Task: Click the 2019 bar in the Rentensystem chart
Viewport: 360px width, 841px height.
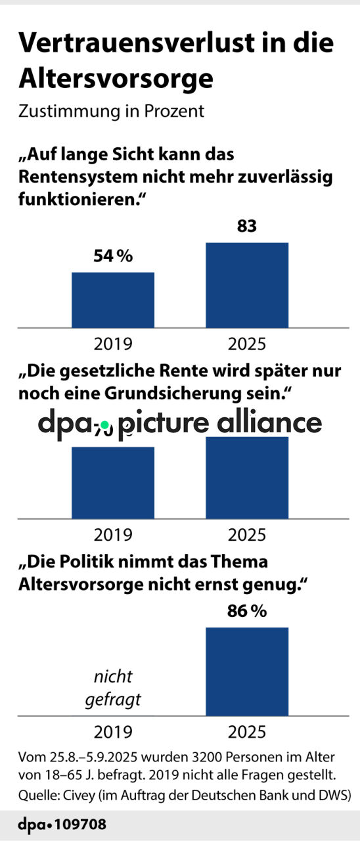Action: (x=112, y=299)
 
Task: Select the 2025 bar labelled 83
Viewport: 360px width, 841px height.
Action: (x=247, y=284)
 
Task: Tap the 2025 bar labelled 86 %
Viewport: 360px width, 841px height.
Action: (x=247, y=671)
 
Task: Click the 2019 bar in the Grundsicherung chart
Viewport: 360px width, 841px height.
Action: (x=112, y=482)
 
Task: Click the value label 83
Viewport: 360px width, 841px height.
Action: (x=247, y=227)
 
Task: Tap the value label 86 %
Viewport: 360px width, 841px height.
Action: (x=247, y=611)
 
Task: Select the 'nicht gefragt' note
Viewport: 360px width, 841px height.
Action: (x=112, y=688)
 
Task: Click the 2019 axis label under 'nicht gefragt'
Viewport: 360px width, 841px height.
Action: (x=112, y=733)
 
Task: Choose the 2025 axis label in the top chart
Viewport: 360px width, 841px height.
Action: (x=247, y=344)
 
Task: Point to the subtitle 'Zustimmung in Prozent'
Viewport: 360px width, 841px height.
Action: (x=111, y=111)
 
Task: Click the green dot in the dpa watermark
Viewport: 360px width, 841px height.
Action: (x=104, y=426)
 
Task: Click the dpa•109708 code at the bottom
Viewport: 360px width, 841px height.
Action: (x=62, y=824)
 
